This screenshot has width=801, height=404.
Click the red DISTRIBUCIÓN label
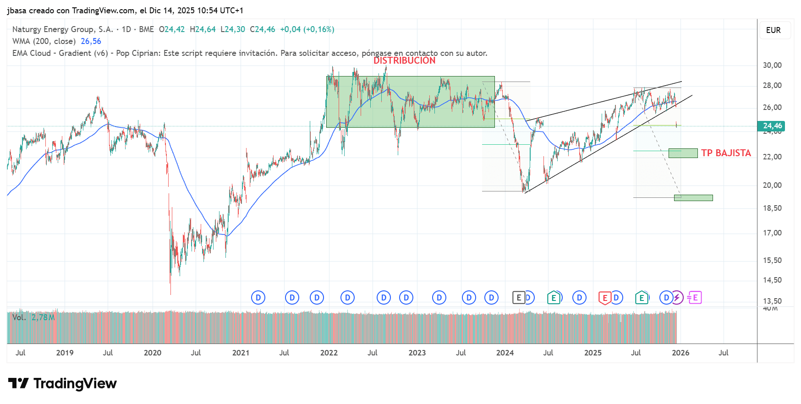404,60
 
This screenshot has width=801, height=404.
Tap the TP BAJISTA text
726,153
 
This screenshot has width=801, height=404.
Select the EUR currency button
774,30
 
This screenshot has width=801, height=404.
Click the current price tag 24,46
772,126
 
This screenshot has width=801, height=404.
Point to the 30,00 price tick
772,65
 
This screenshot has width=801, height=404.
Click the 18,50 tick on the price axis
772,208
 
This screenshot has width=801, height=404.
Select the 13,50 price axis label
772,301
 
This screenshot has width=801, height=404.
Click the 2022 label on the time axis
329,353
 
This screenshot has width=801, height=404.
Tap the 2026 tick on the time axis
680,353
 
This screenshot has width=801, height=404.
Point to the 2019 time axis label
65,353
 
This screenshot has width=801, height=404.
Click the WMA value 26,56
91,41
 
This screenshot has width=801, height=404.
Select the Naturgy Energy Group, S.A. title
62,29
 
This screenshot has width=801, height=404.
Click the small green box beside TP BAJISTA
683,153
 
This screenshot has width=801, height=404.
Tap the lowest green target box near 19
693,198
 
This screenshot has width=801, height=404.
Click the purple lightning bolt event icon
677,298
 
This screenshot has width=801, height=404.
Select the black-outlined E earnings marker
518,298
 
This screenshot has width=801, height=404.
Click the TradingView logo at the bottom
62,383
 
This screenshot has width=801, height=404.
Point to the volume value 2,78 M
43,317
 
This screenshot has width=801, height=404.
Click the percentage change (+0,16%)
319,29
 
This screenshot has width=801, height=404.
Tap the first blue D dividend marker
258,298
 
